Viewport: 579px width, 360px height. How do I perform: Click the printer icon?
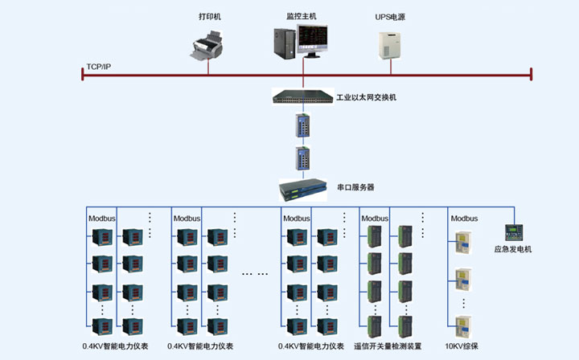coord(208,44)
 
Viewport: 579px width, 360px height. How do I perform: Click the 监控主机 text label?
coord(302,16)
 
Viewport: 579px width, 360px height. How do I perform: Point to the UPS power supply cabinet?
coord(390,44)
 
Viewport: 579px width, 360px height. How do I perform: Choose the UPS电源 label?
coord(391,16)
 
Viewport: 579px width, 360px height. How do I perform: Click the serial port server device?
coord(304,189)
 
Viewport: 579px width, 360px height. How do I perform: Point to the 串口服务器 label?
coord(355,187)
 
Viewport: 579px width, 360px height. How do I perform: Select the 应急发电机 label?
coord(512,249)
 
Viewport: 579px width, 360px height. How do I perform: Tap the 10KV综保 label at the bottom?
coord(462,346)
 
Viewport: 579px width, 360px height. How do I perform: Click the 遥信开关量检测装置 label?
coord(388,346)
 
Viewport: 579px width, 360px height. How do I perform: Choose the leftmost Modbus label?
coord(101,218)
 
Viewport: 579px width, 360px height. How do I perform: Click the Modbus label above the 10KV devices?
coord(464,218)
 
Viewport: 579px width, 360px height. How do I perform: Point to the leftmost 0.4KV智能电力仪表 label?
coord(114,346)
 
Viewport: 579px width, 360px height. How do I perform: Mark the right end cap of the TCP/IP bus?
coord(531,75)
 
